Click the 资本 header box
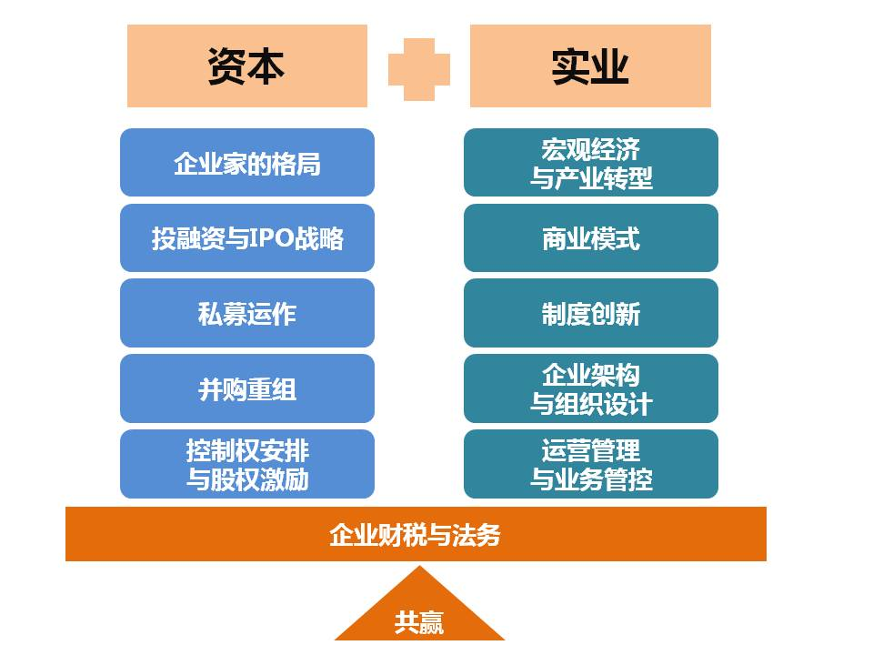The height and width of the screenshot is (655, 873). point(247,65)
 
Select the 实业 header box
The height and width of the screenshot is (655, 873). point(590,65)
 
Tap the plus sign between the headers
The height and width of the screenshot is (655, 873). point(418,70)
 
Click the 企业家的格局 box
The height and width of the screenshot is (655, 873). point(247,163)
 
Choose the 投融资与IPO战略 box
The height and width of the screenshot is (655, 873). point(247,237)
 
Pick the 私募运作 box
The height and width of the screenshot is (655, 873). point(247,313)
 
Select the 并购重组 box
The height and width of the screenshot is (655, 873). point(247,388)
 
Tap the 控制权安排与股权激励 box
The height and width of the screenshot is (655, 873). point(247,464)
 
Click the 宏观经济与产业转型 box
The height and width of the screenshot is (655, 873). point(591,163)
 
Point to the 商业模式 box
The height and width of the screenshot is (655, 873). point(591,237)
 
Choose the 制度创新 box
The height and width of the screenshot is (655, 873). point(591,313)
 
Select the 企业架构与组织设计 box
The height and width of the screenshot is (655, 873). point(591,388)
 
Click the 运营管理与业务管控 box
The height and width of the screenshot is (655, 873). point(591,464)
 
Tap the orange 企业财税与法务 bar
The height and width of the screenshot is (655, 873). point(416,534)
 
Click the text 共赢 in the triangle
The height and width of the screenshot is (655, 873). point(418,622)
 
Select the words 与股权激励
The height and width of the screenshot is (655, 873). point(247,479)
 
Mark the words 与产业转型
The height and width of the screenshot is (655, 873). point(591,178)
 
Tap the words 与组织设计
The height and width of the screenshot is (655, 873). point(591,404)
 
